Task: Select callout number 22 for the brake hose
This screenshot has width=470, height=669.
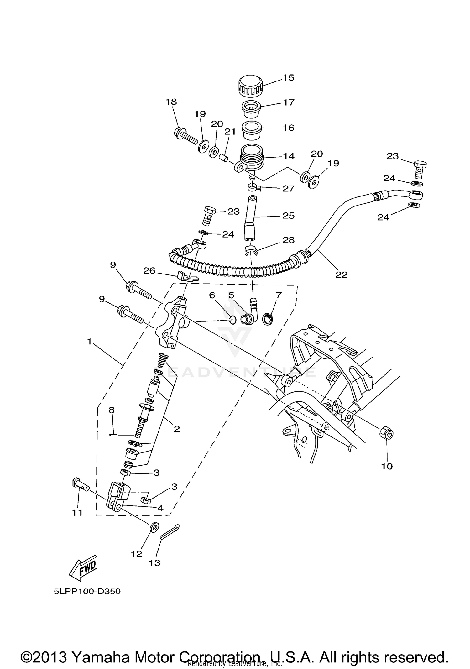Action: coord(342,275)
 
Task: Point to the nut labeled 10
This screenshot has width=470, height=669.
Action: coord(386,434)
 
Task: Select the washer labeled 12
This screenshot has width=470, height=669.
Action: coord(154,527)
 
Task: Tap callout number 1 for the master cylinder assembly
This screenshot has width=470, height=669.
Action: coord(89,342)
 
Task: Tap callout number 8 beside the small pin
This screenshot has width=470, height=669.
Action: coord(112,410)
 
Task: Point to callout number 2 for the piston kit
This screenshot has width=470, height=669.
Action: coord(177,429)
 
